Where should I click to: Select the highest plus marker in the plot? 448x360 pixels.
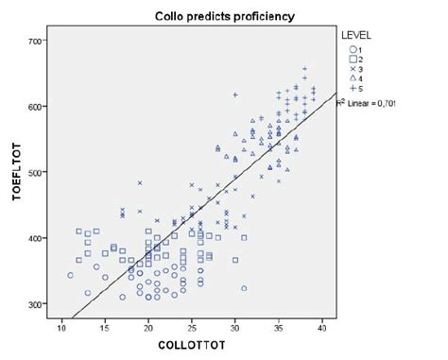(x=304, y=69)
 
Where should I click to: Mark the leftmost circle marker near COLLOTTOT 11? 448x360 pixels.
(x=70, y=276)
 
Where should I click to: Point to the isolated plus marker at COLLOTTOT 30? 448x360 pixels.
(x=235, y=94)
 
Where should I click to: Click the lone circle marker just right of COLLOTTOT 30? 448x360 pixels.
(x=244, y=288)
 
